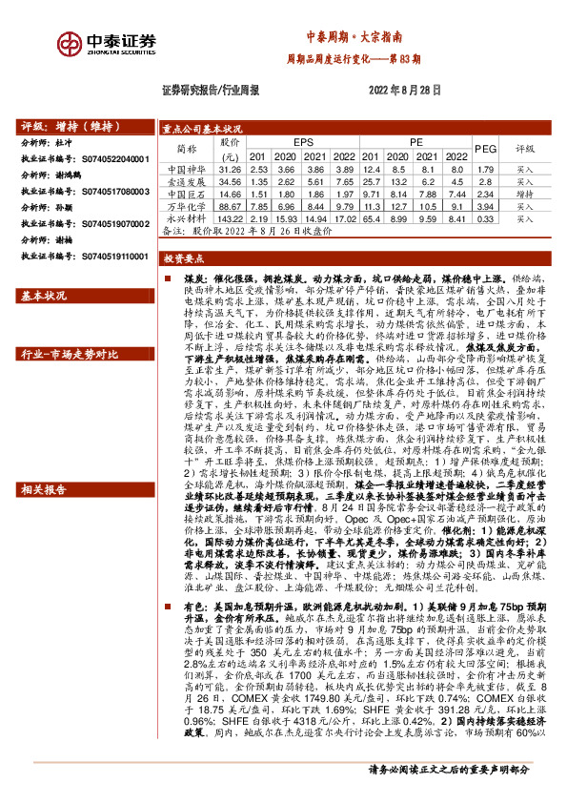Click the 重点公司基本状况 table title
click(202, 129)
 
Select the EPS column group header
click(302, 142)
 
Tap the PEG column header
click(485, 150)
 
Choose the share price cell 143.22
click(231, 218)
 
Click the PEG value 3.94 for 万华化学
click(485, 206)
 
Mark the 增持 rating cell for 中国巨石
click(525, 194)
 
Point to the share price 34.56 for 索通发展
click(231, 181)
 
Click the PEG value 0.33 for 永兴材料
click(485, 218)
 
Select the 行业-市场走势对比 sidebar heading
click(63, 356)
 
